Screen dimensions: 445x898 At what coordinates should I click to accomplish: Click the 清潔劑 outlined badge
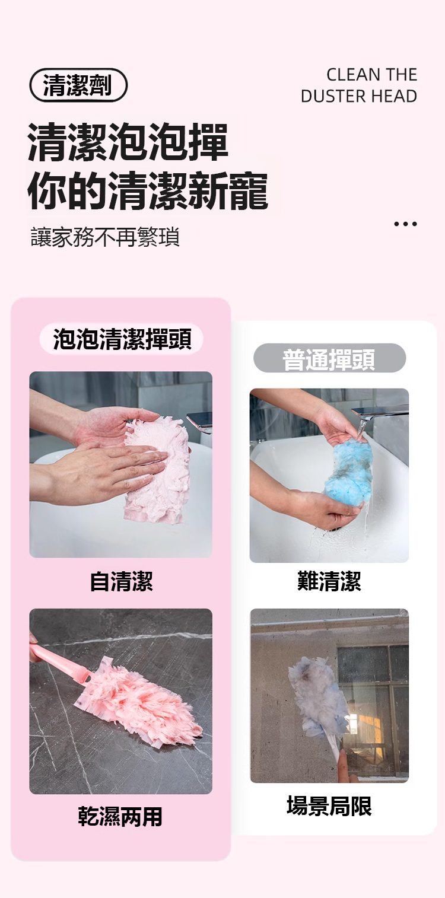(78, 85)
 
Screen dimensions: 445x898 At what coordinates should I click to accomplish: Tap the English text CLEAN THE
(371, 75)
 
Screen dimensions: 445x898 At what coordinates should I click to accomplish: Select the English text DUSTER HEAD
(359, 96)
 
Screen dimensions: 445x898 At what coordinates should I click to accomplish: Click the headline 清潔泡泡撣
(128, 142)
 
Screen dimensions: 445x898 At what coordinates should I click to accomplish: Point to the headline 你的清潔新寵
(148, 191)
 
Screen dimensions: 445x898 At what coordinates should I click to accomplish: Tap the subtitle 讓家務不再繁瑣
(106, 237)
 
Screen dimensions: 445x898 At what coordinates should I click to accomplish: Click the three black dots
(405, 224)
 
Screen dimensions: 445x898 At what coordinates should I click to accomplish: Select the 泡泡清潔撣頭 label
(122, 339)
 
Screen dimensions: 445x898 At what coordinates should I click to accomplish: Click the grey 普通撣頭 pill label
(329, 358)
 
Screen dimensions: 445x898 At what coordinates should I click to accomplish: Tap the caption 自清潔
(121, 582)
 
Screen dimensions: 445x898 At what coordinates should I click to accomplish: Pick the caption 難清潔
(329, 582)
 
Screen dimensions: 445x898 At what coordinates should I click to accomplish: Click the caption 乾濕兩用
(120, 817)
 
